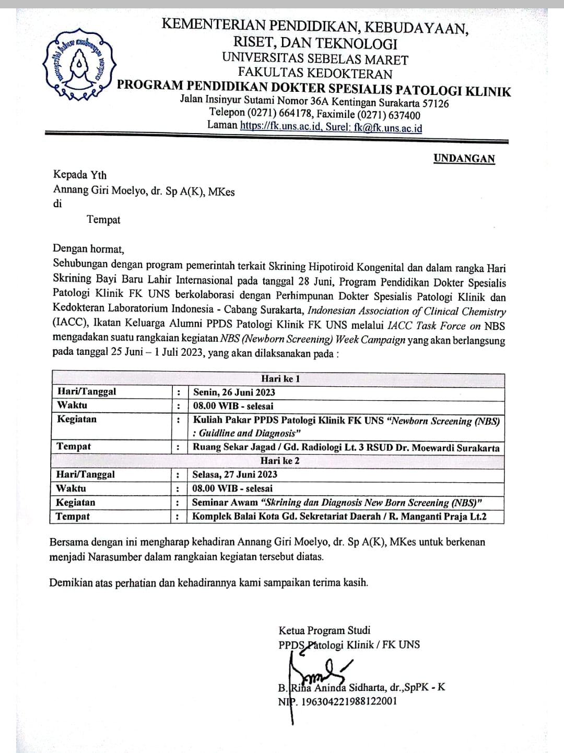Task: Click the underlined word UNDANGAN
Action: [x=464, y=159]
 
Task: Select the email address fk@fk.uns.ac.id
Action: [x=387, y=127]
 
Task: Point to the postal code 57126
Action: [x=434, y=103]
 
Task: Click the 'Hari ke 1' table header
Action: [x=280, y=379]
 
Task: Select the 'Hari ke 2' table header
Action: [x=280, y=461]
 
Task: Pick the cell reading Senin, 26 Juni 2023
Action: [x=234, y=392]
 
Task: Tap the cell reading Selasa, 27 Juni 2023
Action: [x=234, y=474]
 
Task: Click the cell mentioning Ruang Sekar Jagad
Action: [x=346, y=447]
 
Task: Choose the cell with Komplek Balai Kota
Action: [x=339, y=517]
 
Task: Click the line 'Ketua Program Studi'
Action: [x=324, y=630]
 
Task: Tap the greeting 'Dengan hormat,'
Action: [x=88, y=249]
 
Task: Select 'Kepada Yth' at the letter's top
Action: [x=79, y=175]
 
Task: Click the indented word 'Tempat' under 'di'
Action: [x=103, y=220]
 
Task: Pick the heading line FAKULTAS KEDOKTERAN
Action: [x=315, y=74]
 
